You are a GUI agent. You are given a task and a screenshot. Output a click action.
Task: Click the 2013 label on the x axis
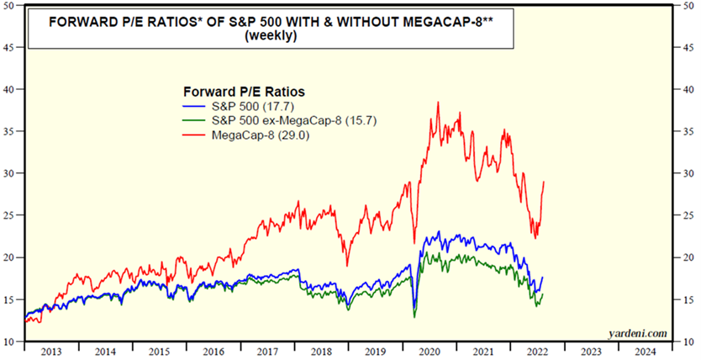click(x=51, y=352)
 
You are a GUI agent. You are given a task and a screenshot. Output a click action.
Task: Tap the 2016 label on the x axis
click(x=215, y=352)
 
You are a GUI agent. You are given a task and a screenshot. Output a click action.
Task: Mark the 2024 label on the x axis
click(x=646, y=352)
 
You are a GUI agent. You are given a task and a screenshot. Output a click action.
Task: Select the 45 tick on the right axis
click(x=688, y=48)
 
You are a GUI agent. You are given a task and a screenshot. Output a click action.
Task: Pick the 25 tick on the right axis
click(x=688, y=215)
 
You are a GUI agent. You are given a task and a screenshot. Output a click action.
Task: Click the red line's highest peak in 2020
click(x=438, y=102)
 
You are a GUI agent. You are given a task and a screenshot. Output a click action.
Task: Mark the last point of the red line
click(x=545, y=182)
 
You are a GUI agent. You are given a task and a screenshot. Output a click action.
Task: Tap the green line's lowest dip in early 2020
click(x=414, y=316)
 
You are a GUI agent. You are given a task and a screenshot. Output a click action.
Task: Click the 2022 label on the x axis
click(x=539, y=352)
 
